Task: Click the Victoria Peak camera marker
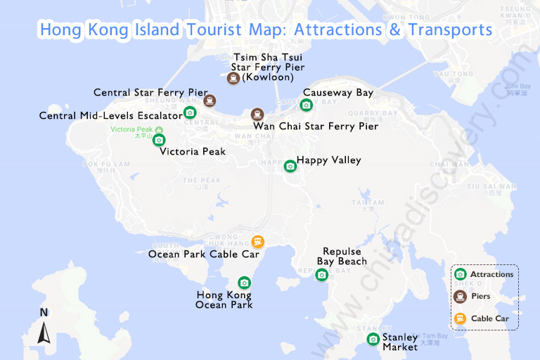click(159, 140)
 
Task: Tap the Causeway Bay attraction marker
click(306, 105)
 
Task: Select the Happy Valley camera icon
click(290, 166)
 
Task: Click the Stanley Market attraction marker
click(373, 340)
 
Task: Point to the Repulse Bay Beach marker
click(321, 274)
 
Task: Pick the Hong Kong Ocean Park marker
click(244, 283)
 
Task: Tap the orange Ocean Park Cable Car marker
click(258, 242)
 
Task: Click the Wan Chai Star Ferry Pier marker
click(257, 114)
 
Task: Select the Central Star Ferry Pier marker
click(210, 101)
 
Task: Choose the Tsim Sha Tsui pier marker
click(233, 78)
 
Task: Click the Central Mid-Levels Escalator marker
click(190, 112)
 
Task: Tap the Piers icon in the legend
click(461, 296)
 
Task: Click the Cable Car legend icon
click(461, 319)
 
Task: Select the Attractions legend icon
click(461, 274)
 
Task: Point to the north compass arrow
click(44, 331)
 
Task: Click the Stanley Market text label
click(400, 342)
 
